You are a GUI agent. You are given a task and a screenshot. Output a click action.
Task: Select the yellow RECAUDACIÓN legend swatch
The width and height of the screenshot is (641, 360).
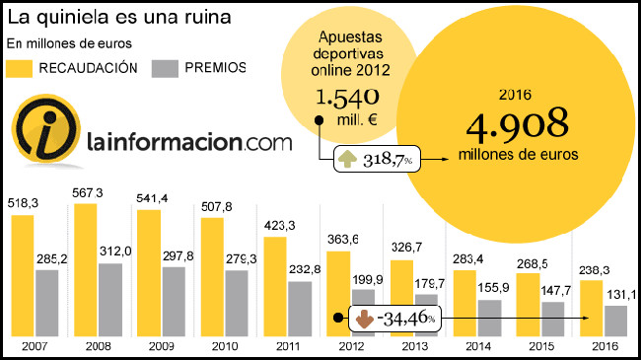click(21, 68)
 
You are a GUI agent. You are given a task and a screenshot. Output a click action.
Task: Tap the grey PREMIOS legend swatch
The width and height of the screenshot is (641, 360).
click(165, 68)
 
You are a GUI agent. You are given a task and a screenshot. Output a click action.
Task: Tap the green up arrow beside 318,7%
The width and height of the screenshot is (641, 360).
click(348, 159)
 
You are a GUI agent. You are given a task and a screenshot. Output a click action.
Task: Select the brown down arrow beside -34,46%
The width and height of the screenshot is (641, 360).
click(363, 320)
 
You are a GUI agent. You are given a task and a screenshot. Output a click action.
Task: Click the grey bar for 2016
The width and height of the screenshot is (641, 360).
click(615, 320)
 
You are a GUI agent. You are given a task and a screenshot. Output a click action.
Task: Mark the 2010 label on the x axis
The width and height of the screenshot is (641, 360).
click(224, 347)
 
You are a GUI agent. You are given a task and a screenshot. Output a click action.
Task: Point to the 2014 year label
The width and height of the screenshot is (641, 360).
click(476, 347)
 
